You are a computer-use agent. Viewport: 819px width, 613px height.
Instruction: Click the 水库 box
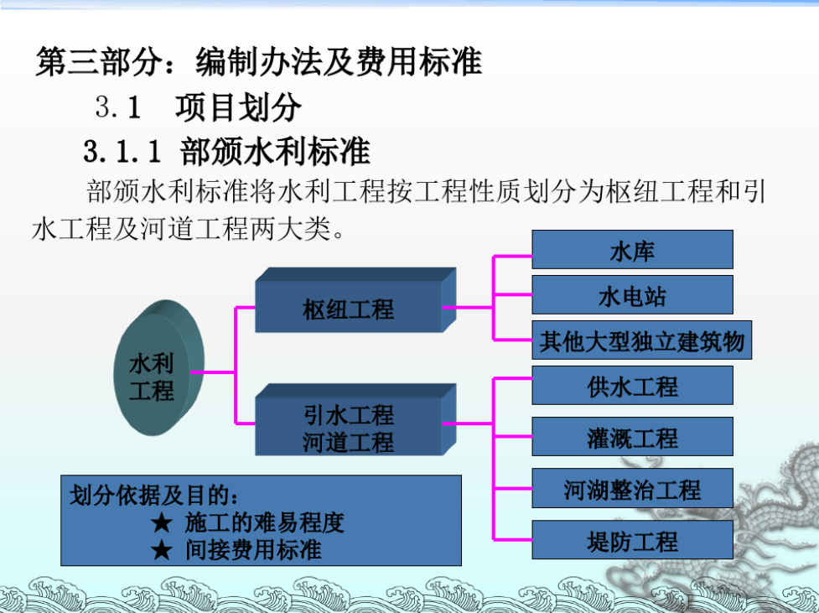[632, 249]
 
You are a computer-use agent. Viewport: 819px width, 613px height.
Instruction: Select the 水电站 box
[632, 294]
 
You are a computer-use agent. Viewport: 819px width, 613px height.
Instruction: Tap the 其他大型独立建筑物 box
[641, 340]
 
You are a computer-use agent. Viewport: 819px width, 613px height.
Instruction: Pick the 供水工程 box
[632, 386]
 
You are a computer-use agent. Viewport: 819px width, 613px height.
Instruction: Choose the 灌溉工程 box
[632, 436]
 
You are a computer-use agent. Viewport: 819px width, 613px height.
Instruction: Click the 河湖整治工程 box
[632, 488]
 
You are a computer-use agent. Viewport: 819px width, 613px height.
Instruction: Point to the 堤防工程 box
[632, 539]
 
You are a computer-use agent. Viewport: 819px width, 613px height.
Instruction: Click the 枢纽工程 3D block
[355, 300]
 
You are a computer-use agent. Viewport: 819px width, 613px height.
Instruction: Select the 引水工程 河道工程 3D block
[355, 419]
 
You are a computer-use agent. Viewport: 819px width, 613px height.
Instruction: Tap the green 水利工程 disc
[158, 368]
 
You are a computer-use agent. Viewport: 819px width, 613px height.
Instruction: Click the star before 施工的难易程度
[162, 522]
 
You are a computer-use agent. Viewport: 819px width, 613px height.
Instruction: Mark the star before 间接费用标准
[162, 550]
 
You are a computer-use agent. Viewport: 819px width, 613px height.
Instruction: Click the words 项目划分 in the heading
[238, 107]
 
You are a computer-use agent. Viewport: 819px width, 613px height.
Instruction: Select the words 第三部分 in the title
[99, 62]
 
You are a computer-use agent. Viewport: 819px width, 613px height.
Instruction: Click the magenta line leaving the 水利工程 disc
[213, 372]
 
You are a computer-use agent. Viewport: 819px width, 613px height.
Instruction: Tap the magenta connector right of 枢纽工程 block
[468, 307]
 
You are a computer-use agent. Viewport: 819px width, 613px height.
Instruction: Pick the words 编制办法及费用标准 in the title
[339, 62]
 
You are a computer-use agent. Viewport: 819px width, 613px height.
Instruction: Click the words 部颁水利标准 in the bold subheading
[275, 152]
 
